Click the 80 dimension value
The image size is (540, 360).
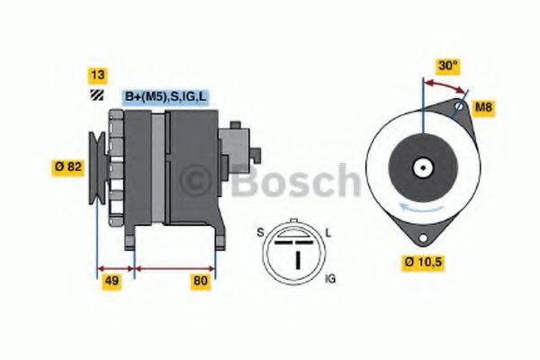pyautogui.click(x=201, y=281)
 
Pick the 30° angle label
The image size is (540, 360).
pyautogui.click(x=447, y=65)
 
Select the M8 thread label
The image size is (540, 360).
pyautogui.click(x=484, y=108)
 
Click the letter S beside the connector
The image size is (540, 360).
pyautogui.click(x=260, y=233)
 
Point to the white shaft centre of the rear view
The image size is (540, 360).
pyautogui.click(x=421, y=166)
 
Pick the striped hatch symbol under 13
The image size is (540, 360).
pyautogui.click(x=94, y=94)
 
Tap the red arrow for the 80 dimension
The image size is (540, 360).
pyautogui.click(x=175, y=267)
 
